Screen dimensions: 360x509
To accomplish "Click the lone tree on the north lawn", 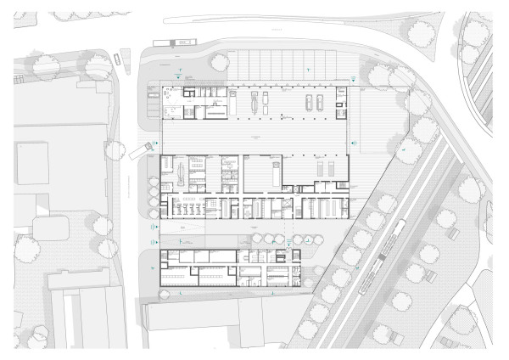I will click(x=219, y=61).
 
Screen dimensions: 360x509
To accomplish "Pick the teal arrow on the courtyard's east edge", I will click(x=354, y=143).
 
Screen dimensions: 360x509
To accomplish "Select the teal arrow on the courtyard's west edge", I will click(x=155, y=143).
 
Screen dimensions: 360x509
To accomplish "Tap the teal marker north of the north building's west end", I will click(x=177, y=75).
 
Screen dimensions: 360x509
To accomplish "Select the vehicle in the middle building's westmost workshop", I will click(x=181, y=173).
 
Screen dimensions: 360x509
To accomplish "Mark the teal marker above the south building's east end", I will click(x=288, y=242).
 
